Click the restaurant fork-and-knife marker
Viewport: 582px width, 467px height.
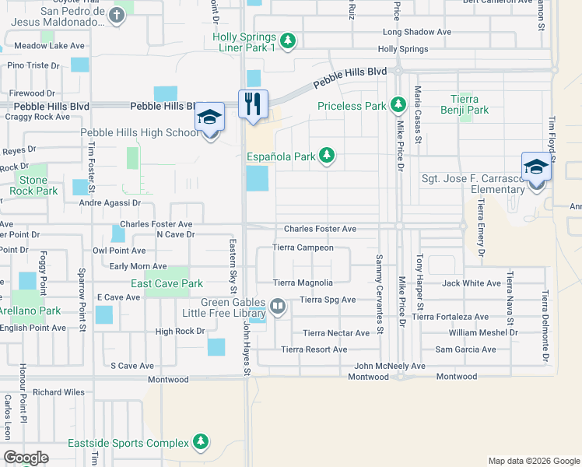point(253,104)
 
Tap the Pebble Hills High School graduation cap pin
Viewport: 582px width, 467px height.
point(209,118)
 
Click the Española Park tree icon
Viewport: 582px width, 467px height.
point(328,156)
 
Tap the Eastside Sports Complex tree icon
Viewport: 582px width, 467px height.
point(202,443)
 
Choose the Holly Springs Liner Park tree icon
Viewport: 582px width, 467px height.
point(289,40)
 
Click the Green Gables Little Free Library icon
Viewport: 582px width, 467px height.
point(278,307)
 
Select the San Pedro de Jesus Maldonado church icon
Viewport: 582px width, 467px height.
point(116,16)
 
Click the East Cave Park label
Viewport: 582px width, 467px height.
point(167,284)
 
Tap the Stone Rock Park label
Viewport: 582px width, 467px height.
point(34,185)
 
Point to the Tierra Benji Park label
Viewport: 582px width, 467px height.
point(470,104)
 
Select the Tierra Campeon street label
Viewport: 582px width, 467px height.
point(303,248)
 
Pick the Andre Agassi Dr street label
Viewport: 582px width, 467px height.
point(110,203)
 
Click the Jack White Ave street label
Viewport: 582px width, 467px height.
point(472,283)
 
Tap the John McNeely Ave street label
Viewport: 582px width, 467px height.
point(390,366)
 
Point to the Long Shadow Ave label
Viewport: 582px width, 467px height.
point(417,33)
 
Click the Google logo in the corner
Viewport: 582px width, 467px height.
point(26,458)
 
